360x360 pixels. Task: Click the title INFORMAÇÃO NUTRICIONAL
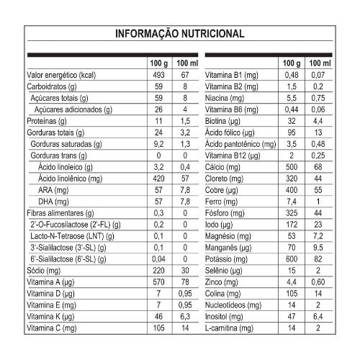(x=180, y=34)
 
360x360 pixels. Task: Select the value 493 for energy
(x=159, y=75)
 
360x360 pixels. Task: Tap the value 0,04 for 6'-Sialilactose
(x=159, y=258)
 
